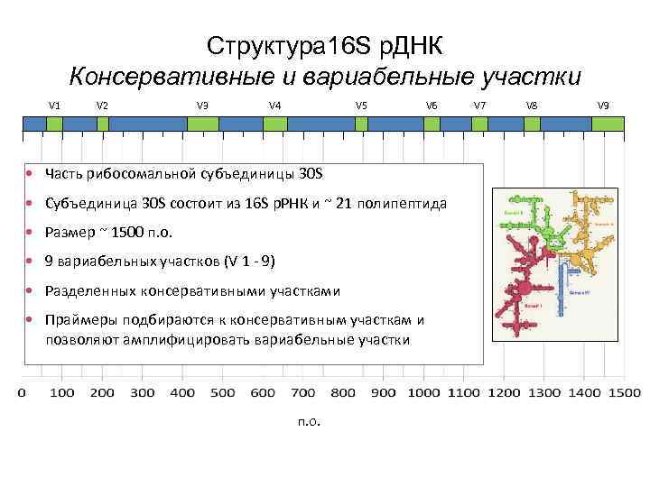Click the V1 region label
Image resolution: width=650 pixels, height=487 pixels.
click(54, 106)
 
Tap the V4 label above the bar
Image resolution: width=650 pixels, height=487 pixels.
click(274, 106)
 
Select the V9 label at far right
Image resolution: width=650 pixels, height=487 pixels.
click(603, 106)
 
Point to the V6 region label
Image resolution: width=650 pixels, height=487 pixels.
click(432, 106)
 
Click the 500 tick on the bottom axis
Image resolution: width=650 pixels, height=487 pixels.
click(222, 392)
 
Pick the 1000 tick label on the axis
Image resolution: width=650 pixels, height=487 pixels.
click(423, 392)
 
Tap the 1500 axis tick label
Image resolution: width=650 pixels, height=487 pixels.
click(624, 392)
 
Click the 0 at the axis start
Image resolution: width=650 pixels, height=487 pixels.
click(22, 392)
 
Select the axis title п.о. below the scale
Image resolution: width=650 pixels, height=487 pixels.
click(308, 422)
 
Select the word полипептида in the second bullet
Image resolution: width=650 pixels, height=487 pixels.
click(403, 203)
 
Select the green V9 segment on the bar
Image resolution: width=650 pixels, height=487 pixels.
click(601, 125)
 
